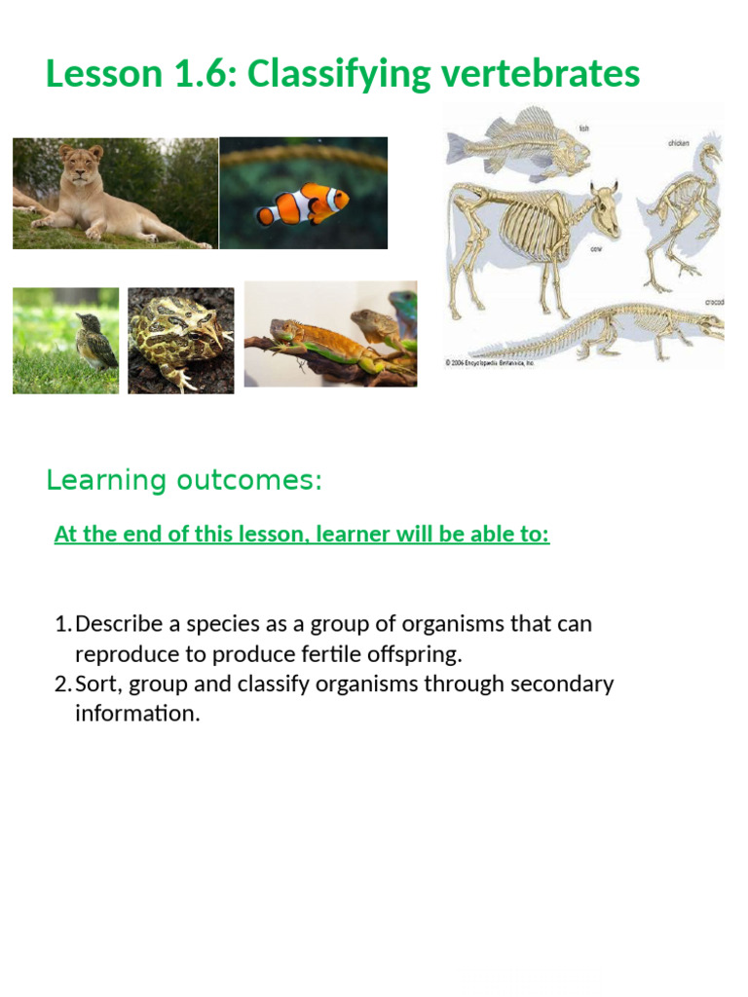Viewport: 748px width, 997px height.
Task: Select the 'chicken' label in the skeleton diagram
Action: pyautogui.click(x=678, y=142)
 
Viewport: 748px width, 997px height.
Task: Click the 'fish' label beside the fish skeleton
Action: pyautogui.click(x=583, y=128)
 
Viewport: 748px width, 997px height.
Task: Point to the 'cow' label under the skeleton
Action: pyautogui.click(x=596, y=249)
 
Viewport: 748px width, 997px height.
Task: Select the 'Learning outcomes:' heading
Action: pyautogui.click(x=184, y=480)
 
